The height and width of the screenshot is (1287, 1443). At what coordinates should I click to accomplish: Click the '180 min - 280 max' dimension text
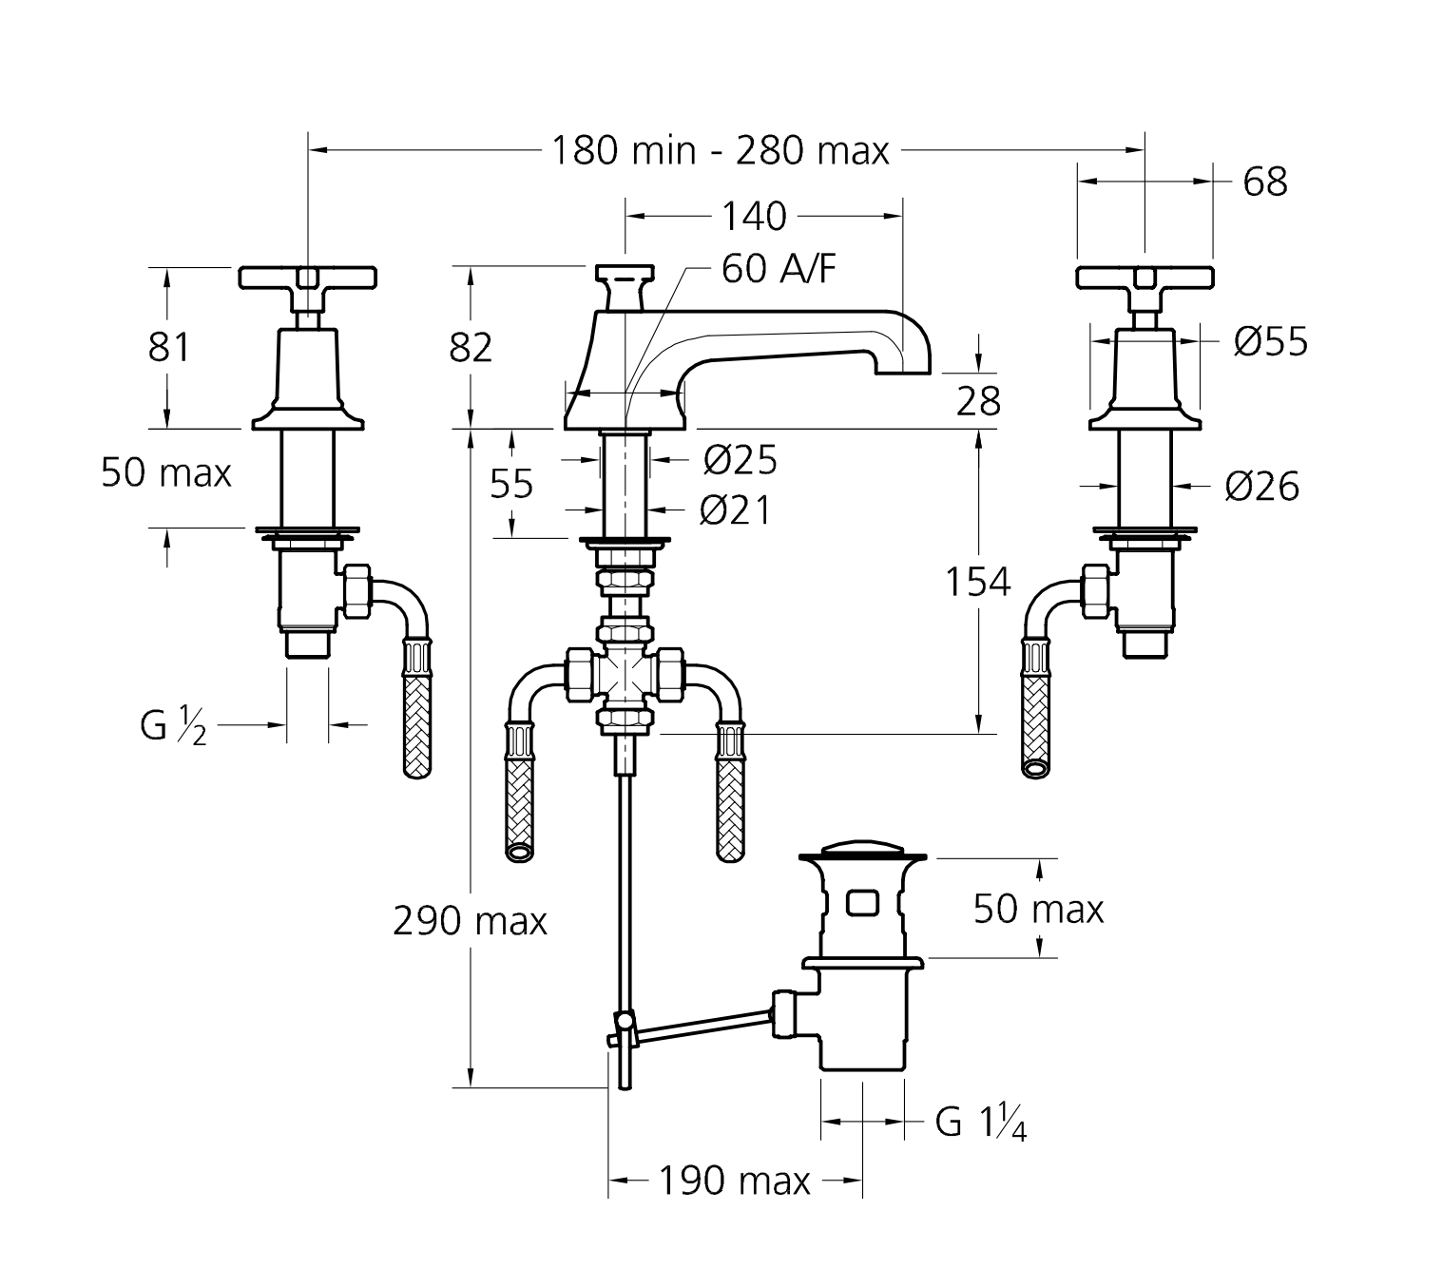coord(721,151)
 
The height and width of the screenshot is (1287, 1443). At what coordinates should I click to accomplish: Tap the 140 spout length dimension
coord(754,216)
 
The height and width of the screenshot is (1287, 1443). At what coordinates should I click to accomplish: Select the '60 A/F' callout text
coord(779,269)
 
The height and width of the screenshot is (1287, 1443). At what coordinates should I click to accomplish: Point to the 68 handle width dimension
coord(1265,182)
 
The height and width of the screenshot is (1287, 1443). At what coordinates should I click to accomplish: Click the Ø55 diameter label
coord(1271,342)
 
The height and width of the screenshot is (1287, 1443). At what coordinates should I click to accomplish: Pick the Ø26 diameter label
coord(1261,488)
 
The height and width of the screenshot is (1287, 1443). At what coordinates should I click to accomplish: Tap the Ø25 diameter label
coord(740,459)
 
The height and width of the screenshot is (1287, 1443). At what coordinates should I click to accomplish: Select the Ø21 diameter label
coord(735,510)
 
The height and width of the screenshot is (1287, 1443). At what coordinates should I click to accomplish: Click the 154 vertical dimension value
coord(977,582)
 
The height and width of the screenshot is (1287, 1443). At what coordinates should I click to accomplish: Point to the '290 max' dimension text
coord(471,921)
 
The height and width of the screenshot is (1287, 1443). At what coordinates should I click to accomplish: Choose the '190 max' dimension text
coord(734,1181)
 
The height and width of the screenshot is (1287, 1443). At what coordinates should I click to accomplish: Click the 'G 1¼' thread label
coord(981,1123)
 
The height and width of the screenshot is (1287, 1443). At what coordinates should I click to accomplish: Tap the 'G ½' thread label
coord(173,726)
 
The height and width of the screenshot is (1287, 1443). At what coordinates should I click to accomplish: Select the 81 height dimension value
coord(169,348)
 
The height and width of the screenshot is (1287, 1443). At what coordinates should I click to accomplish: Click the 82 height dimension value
coord(471,348)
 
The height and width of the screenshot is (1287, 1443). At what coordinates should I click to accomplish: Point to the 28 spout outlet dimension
coord(978,401)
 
